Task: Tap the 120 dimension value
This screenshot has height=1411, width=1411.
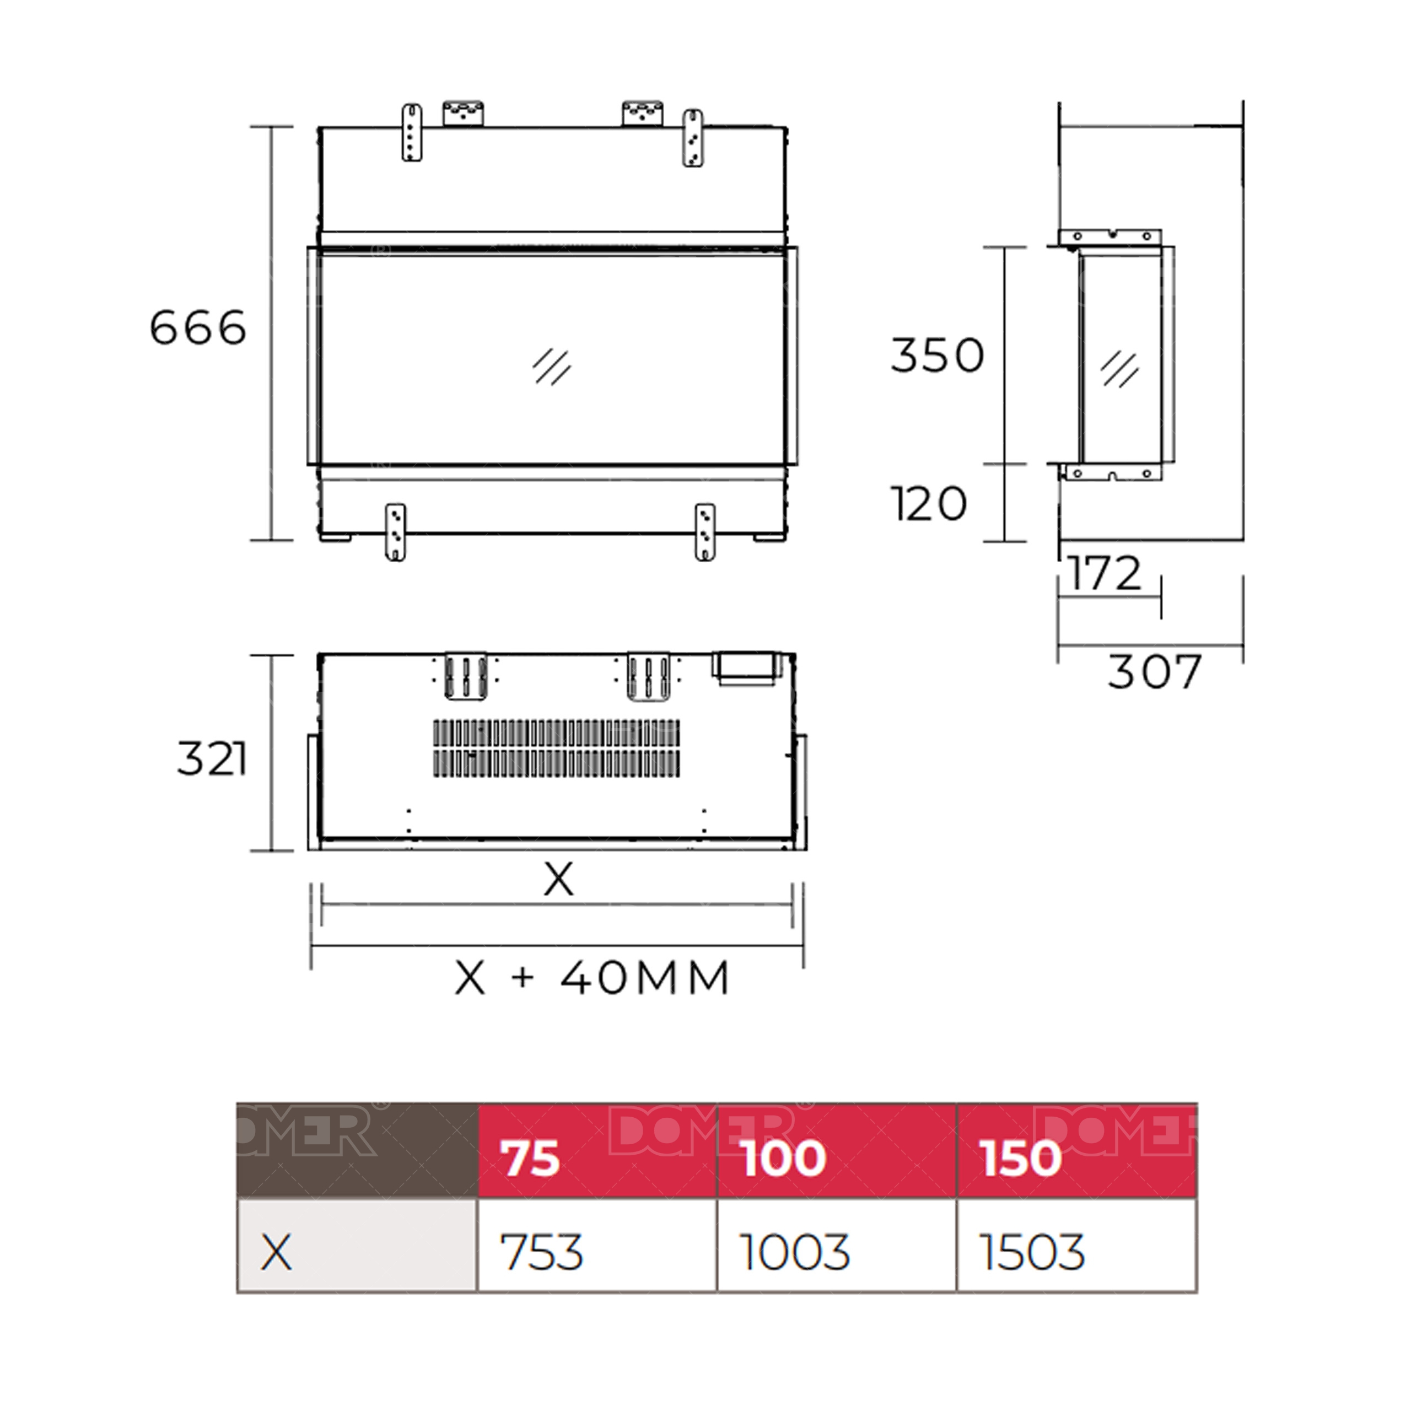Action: (x=929, y=504)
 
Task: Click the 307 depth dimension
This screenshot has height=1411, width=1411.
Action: (x=1154, y=672)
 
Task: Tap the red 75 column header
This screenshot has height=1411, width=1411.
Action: (x=530, y=1159)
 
